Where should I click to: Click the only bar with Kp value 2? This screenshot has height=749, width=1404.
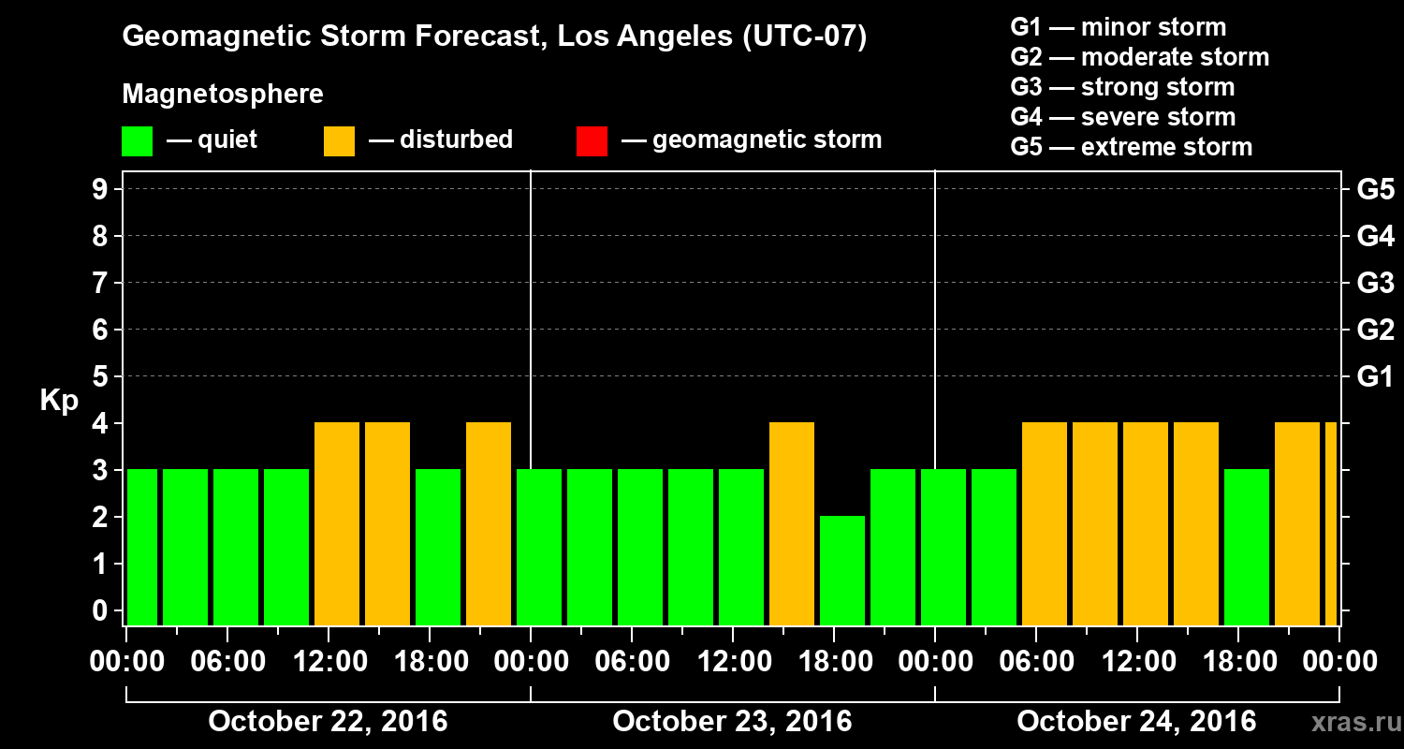coord(842,570)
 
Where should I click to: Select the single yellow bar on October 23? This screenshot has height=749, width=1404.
coord(792,523)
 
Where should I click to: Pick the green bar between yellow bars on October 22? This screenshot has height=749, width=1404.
coord(438,547)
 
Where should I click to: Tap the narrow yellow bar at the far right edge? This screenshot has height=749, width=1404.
coord(1331,523)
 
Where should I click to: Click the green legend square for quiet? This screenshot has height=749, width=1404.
coord(137,141)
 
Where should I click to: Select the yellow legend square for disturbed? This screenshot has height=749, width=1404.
coord(339,141)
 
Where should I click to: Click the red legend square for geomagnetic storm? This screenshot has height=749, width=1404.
coord(592,141)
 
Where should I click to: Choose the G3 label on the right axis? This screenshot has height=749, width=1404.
coord(1375,283)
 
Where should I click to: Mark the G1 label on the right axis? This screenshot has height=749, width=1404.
coord(1375,376)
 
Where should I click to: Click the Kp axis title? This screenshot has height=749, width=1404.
coord(59,401)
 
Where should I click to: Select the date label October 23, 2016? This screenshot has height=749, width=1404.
coord(732,722)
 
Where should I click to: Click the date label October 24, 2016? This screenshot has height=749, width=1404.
coord(1136,722)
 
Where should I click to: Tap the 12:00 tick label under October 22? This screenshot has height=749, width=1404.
coord(329,662)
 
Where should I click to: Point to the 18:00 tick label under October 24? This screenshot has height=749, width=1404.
coord(1238,662)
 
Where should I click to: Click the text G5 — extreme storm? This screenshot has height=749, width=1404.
coord(1131,147)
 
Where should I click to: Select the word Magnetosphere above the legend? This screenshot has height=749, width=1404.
coord(223,95)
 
